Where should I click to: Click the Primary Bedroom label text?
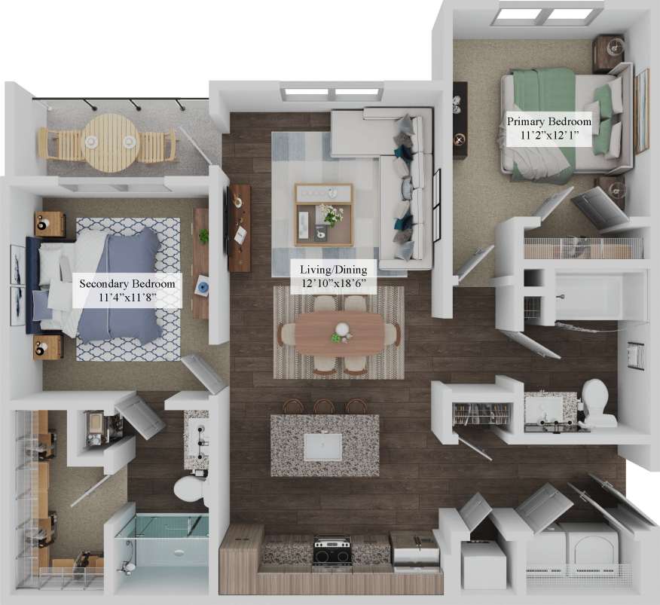[548, 127]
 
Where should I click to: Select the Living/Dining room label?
[333, 275]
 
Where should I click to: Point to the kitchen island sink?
[325, 447]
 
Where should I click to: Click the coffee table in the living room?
[323, 214]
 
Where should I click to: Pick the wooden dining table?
[339, 335]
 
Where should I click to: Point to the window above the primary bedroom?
[547, 14]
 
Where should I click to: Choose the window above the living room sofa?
[332, 93]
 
